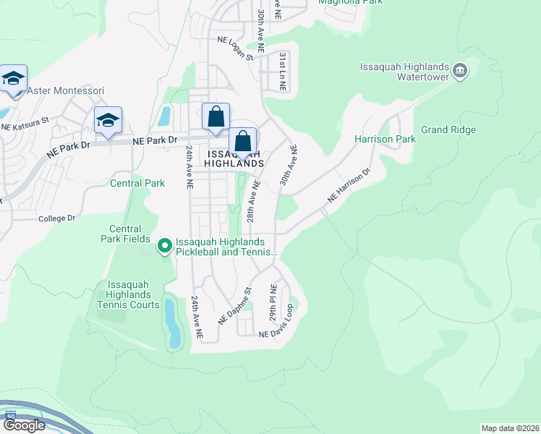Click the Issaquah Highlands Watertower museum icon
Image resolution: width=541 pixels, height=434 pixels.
click(x=461, y=71)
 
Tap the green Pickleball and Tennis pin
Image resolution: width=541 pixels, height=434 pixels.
click(x=165, y=247)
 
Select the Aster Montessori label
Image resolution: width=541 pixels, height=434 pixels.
click(x=66, y=91)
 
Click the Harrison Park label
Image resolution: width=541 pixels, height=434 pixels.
click(x=385, y=139)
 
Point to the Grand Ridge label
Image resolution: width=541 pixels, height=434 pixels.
click(x=448, y=130)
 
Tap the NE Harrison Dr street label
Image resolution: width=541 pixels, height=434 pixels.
click(x=349, y=185)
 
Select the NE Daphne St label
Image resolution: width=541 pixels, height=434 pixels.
click(x=235, y=305)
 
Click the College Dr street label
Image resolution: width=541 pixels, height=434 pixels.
click(x=56, y=218)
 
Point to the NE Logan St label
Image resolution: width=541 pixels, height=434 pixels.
click(x=231, y=48)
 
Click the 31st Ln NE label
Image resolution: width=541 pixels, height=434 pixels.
click(x=284, y=71)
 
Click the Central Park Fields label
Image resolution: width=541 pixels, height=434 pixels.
click(x=124, y=234)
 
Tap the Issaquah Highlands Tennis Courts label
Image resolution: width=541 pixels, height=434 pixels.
click(x=128, y=294)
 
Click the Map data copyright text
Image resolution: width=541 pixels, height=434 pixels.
click(x=509, y=428)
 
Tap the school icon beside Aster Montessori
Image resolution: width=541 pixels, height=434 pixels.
click(x=14, y=78)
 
